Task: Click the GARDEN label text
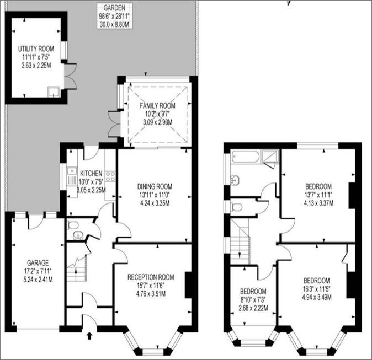[x=114, y=8]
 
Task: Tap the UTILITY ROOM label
[x=36, y=49]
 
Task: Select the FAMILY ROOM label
[x=157, y=105]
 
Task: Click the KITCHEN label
[x=91, y=173]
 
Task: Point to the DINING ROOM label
[x=155, y=186]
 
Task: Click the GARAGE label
[x=38, y=263]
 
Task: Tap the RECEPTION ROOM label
[x=151, y=277]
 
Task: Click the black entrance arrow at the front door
[x=89, y=336]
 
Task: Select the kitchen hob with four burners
[x=110, y=176]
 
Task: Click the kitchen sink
[x=72, y=176]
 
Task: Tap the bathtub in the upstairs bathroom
[x=246, y=157]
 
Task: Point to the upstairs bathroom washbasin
[x=234, y=180]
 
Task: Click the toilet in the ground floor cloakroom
[x=73, y=225]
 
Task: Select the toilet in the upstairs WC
[x=236, y=207]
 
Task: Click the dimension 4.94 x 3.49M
[x=317, y=297]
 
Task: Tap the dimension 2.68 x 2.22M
[x=253, y=308]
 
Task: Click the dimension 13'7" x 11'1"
[x=318, y=195]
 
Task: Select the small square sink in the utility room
[x=54, y=92]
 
